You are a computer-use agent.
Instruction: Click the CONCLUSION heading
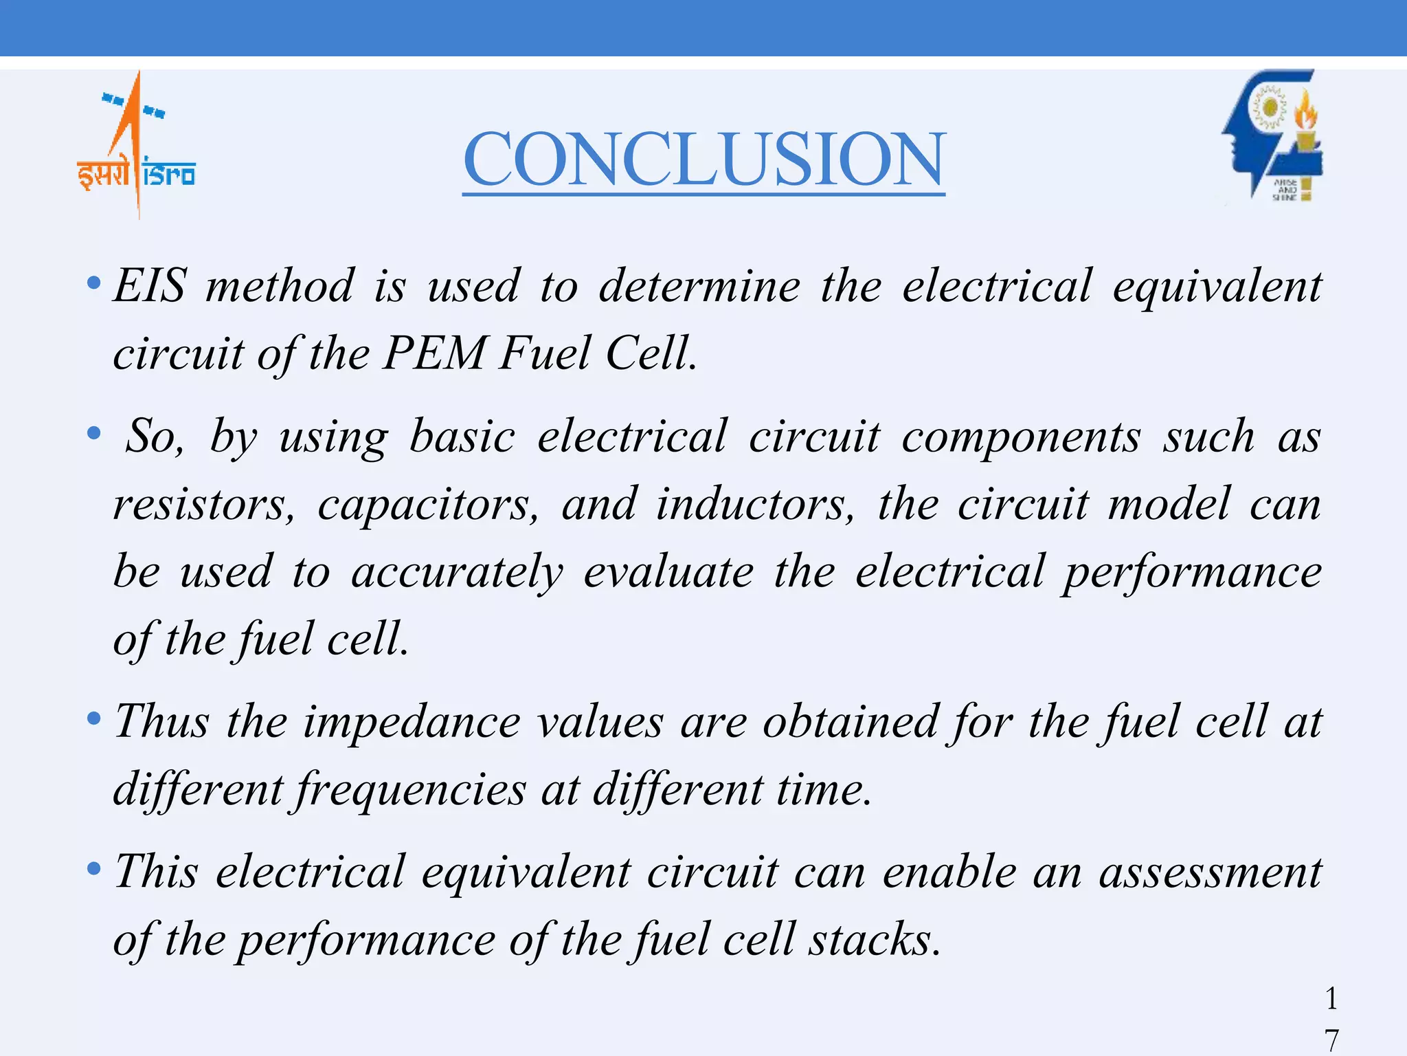[x=703, y=159]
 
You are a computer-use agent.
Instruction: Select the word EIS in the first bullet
[x=149, y=286]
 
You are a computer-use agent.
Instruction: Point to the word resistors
[x=203, y=505]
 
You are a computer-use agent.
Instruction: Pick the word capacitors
[x=427, y=505]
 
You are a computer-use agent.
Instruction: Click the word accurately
[x=457, y=573]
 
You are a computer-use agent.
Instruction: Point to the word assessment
[x=1210, y=872]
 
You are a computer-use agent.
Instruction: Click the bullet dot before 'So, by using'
[x=94, y=434]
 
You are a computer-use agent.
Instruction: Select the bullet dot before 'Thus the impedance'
[x=94, y=720]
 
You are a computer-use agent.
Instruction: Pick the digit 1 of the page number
[x=1331, y=998]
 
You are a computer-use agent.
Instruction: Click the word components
[x=1021, y=437]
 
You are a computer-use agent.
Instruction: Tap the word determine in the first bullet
[x=699, y=286]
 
